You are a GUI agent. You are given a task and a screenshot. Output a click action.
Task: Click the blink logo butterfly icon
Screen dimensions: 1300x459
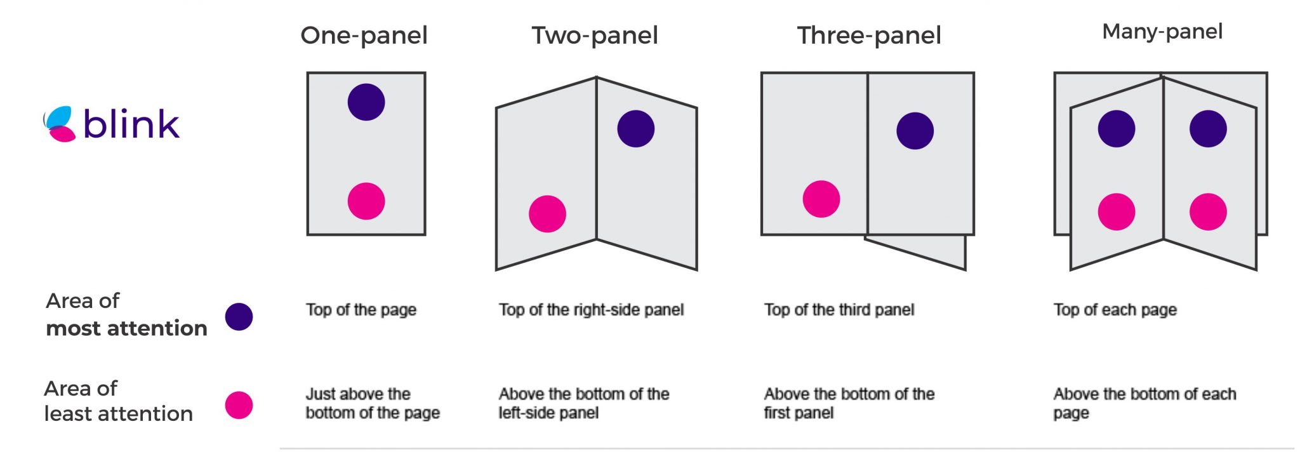pos(59,124)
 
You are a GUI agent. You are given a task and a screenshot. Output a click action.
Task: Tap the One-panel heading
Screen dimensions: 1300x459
pos(364,36)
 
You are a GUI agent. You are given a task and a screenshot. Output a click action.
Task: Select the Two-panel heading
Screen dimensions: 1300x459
pos(595,36)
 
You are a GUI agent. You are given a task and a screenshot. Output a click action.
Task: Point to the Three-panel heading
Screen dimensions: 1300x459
pos(869,36)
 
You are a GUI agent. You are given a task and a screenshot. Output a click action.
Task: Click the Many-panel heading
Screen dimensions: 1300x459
pos(1162,32)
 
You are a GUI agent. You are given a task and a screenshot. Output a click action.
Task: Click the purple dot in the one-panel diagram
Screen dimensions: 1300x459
pos(366,102)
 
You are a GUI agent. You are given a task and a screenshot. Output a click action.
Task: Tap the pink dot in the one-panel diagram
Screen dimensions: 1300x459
pos(366,201)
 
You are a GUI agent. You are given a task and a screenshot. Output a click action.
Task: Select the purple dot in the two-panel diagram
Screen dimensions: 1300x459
pos(636,129)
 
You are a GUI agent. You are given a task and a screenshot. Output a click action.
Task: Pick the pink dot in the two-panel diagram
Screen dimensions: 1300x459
pos(547,213)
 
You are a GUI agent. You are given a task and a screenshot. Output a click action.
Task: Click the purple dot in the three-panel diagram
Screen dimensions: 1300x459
pos(915,131)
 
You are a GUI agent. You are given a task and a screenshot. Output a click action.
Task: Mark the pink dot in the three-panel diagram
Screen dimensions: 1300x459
pos(821,199)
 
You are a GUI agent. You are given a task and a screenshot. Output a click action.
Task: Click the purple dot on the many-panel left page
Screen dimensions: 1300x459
pos(1117,129)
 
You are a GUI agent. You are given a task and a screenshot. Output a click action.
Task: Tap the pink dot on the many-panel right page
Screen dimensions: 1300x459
pos(1208,212)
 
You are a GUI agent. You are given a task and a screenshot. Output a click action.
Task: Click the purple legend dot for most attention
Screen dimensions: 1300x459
pos(239,317)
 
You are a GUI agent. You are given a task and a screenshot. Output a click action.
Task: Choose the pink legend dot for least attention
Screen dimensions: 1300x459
pos(239,405)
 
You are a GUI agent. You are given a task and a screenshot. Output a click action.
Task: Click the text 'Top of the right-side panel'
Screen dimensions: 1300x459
pos(591,310)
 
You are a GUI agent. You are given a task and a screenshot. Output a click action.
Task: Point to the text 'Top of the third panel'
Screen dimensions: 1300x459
pos(839,310)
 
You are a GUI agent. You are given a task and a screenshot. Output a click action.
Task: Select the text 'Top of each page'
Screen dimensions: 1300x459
pos(1115,310)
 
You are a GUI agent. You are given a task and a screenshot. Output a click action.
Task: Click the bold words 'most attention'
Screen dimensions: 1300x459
pos(127,328)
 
